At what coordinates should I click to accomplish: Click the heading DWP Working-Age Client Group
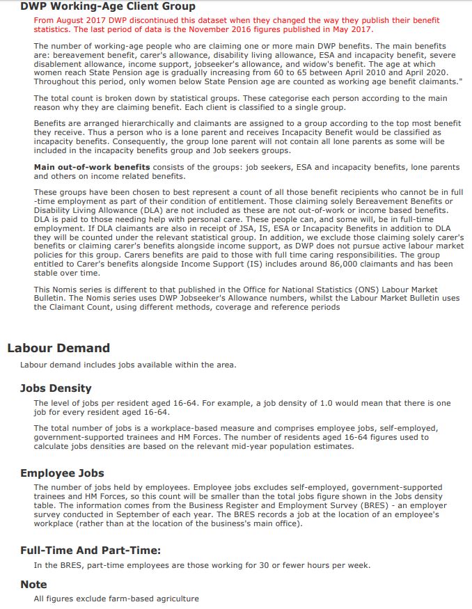click(108, 6)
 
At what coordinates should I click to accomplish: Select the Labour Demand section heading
click(58, 348)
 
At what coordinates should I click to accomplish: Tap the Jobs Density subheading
click(56, 388)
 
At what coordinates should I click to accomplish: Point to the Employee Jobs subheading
click(62, 473)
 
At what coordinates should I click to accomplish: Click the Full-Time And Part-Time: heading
click(91, 551)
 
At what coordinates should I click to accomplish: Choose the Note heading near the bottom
click(33, 584)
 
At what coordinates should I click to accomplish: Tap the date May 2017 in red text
click(352, 29)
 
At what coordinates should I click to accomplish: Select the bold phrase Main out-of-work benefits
click(92, 167)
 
